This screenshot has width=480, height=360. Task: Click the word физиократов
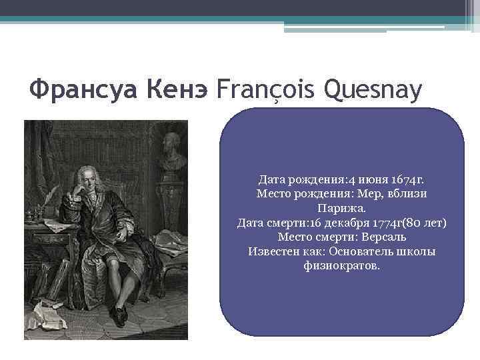[x=341, y=265]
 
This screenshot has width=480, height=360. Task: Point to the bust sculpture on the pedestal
[x=172, y=147]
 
